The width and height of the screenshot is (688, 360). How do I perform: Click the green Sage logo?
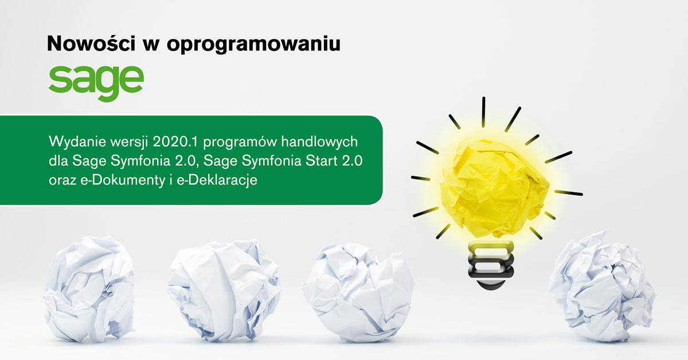(x=96, y=83)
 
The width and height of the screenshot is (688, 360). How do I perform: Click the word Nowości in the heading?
(x=91, y=44)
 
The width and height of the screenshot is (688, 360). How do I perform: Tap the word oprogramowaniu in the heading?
(x=253, y=45)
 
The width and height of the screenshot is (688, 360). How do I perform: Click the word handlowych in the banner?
(x=319, y=143)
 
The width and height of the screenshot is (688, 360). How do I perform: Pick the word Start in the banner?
(x=322, y=161)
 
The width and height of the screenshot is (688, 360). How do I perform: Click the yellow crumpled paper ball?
(x=494, y=187)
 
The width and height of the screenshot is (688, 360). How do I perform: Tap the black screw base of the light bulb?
(x=491, y=265)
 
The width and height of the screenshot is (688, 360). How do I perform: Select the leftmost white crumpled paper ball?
(x=89, y=289)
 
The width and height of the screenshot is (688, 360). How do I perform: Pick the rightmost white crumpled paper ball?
(x=602, y=287)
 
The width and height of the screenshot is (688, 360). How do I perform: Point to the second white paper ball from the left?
(x=224, y=290)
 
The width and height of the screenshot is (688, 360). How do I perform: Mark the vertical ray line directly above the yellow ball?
(x=483, y=112)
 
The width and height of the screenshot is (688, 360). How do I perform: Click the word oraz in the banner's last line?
(x=62, y=181)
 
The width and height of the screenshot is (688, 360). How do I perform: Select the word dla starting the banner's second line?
(x=58, y=161)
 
